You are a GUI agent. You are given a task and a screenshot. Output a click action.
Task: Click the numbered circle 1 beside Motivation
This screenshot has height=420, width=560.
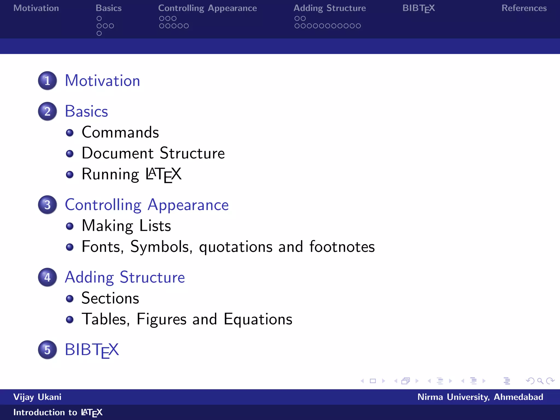pos(47,81)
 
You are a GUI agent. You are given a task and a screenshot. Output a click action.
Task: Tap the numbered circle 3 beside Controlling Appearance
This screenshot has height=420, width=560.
pos(47,205)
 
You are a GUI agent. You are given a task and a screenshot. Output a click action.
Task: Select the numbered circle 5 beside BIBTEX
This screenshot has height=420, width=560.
pos(47,350)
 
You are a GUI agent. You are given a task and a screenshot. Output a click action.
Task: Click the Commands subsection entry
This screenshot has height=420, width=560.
pos(120,133)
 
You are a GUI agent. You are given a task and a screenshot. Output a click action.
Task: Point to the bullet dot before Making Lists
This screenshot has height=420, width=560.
pos(70,226)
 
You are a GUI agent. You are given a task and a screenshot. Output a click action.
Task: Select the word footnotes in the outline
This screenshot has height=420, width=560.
pos(342,247)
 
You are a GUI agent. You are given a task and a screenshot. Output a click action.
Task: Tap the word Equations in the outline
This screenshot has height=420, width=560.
pos(258,319)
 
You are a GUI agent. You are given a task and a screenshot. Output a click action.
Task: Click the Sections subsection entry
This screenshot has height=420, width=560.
pos(110,298)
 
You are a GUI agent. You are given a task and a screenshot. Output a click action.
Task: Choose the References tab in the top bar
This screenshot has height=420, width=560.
pos(524,8)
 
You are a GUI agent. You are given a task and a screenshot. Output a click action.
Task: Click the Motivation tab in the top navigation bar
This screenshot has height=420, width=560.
pos(36,8)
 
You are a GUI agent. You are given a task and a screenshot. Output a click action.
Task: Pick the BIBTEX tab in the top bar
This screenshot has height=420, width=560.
pos(418,8)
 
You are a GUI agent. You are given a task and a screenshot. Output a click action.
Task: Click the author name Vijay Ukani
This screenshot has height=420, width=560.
pos(37,397)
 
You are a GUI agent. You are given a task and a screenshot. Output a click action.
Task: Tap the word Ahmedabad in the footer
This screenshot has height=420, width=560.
pos(518,397)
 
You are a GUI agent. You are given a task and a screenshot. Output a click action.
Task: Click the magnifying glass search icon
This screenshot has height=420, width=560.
pos(540,381)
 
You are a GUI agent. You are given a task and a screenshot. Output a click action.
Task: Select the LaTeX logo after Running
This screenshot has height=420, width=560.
pos(163,174)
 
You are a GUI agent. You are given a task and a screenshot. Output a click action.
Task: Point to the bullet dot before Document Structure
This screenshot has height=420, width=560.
pos(70,154)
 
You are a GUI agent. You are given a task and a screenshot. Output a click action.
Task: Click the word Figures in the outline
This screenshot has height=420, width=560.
pos(161,319)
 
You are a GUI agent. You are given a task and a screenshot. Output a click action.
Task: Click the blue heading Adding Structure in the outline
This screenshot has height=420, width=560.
pos(125,278)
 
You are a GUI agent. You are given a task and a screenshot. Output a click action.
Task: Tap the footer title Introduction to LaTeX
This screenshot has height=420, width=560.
pos(58,412)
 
